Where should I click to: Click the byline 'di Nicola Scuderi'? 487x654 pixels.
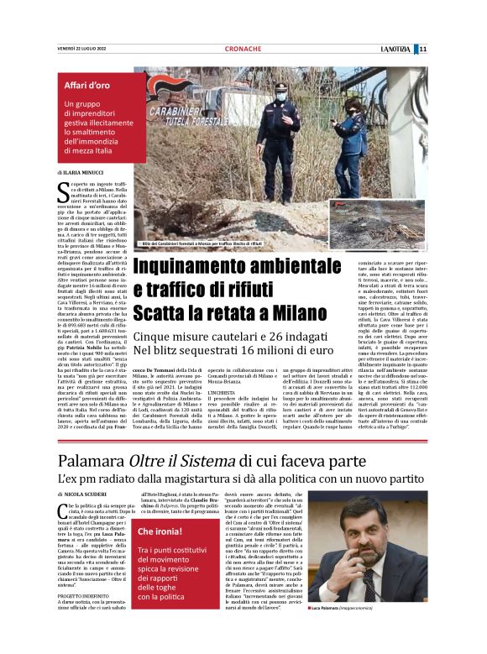(84, 495)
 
